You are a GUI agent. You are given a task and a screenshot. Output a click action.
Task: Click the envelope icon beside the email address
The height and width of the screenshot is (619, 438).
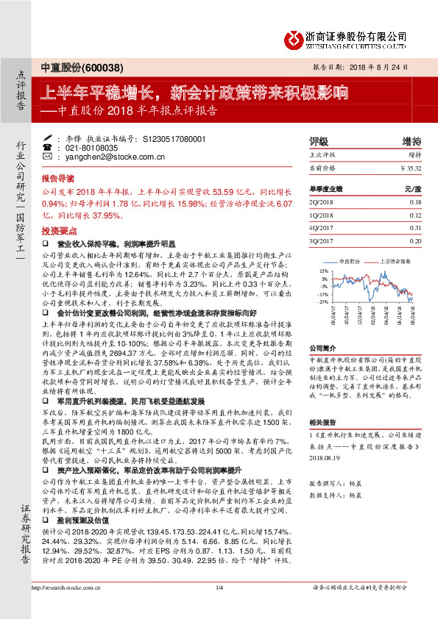47,157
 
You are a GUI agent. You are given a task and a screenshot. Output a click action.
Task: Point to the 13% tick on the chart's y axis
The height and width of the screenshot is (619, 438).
323,272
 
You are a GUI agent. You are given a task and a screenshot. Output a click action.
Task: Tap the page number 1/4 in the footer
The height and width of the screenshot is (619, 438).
219,608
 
